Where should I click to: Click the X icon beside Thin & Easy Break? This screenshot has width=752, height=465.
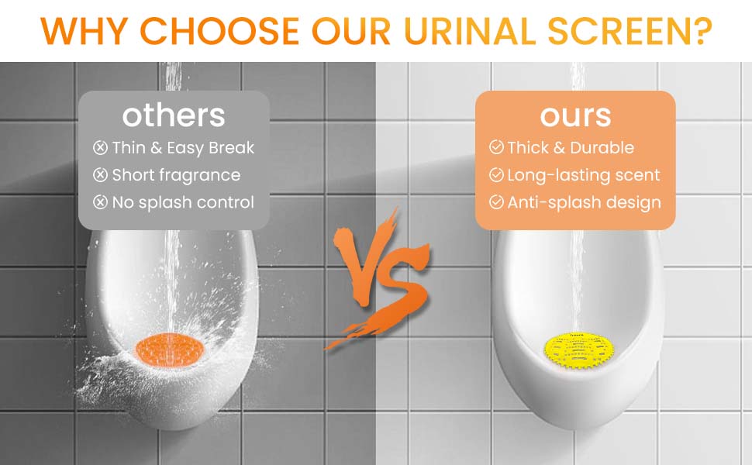pos(100,148)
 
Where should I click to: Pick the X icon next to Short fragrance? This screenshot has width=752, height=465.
pos(100,175)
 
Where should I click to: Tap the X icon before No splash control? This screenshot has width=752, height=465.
pos(100,202)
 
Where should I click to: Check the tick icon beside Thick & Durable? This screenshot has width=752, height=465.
pos(496,147)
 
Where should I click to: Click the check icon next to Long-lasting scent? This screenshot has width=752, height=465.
pos(496,174)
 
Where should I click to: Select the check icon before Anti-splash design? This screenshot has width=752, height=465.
pos(496,201)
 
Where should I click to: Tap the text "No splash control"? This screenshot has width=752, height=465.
pos(183,203)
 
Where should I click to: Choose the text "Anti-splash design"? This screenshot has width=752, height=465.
pos(584,203)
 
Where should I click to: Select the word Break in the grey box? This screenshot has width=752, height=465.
pos(233,148)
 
